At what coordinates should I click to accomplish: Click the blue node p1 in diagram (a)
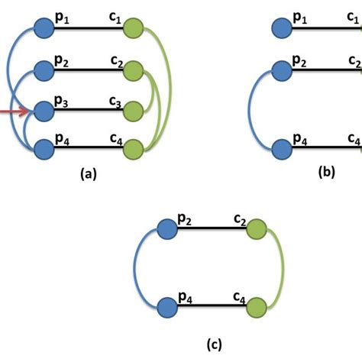tap(42, 31)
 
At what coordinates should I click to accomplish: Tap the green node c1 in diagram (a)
tap(134, 31)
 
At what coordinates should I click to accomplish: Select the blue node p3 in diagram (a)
tap(42, 112)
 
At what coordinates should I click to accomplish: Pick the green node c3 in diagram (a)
tap(134, 112)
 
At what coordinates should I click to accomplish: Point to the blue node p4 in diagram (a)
tap(42, 149)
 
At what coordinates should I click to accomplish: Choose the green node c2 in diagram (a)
tap(134, 71)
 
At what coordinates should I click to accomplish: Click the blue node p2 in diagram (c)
tap(166, 228)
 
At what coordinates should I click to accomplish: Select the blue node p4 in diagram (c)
tap(166, 307)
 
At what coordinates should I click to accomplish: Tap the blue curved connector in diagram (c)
tap(135, 267)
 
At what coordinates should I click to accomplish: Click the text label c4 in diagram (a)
tap(117, 138)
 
